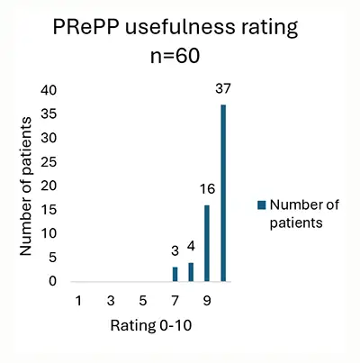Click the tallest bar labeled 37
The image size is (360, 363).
[223, 193]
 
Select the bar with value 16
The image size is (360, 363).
[207, 243]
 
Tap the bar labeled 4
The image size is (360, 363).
[191, 272]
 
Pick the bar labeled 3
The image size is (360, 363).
[175, 274]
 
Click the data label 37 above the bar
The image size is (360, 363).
[223, 88]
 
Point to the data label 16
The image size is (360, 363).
[207, 189]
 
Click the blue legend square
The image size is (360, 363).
[262, 205]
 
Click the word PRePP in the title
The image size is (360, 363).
[86, 27]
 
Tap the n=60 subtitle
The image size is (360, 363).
[175, 56]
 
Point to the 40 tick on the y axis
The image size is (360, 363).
[49, 90]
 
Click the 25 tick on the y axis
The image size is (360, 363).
[49, 162]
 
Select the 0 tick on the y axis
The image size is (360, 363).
[52, 281]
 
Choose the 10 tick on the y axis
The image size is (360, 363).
[49, 233]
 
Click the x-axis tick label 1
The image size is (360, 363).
[78, 300]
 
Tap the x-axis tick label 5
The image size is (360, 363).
[143, 300]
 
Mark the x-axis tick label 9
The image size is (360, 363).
[207, 300]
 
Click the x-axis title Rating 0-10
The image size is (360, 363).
[151, 325]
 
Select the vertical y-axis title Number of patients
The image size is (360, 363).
[26, 186]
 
